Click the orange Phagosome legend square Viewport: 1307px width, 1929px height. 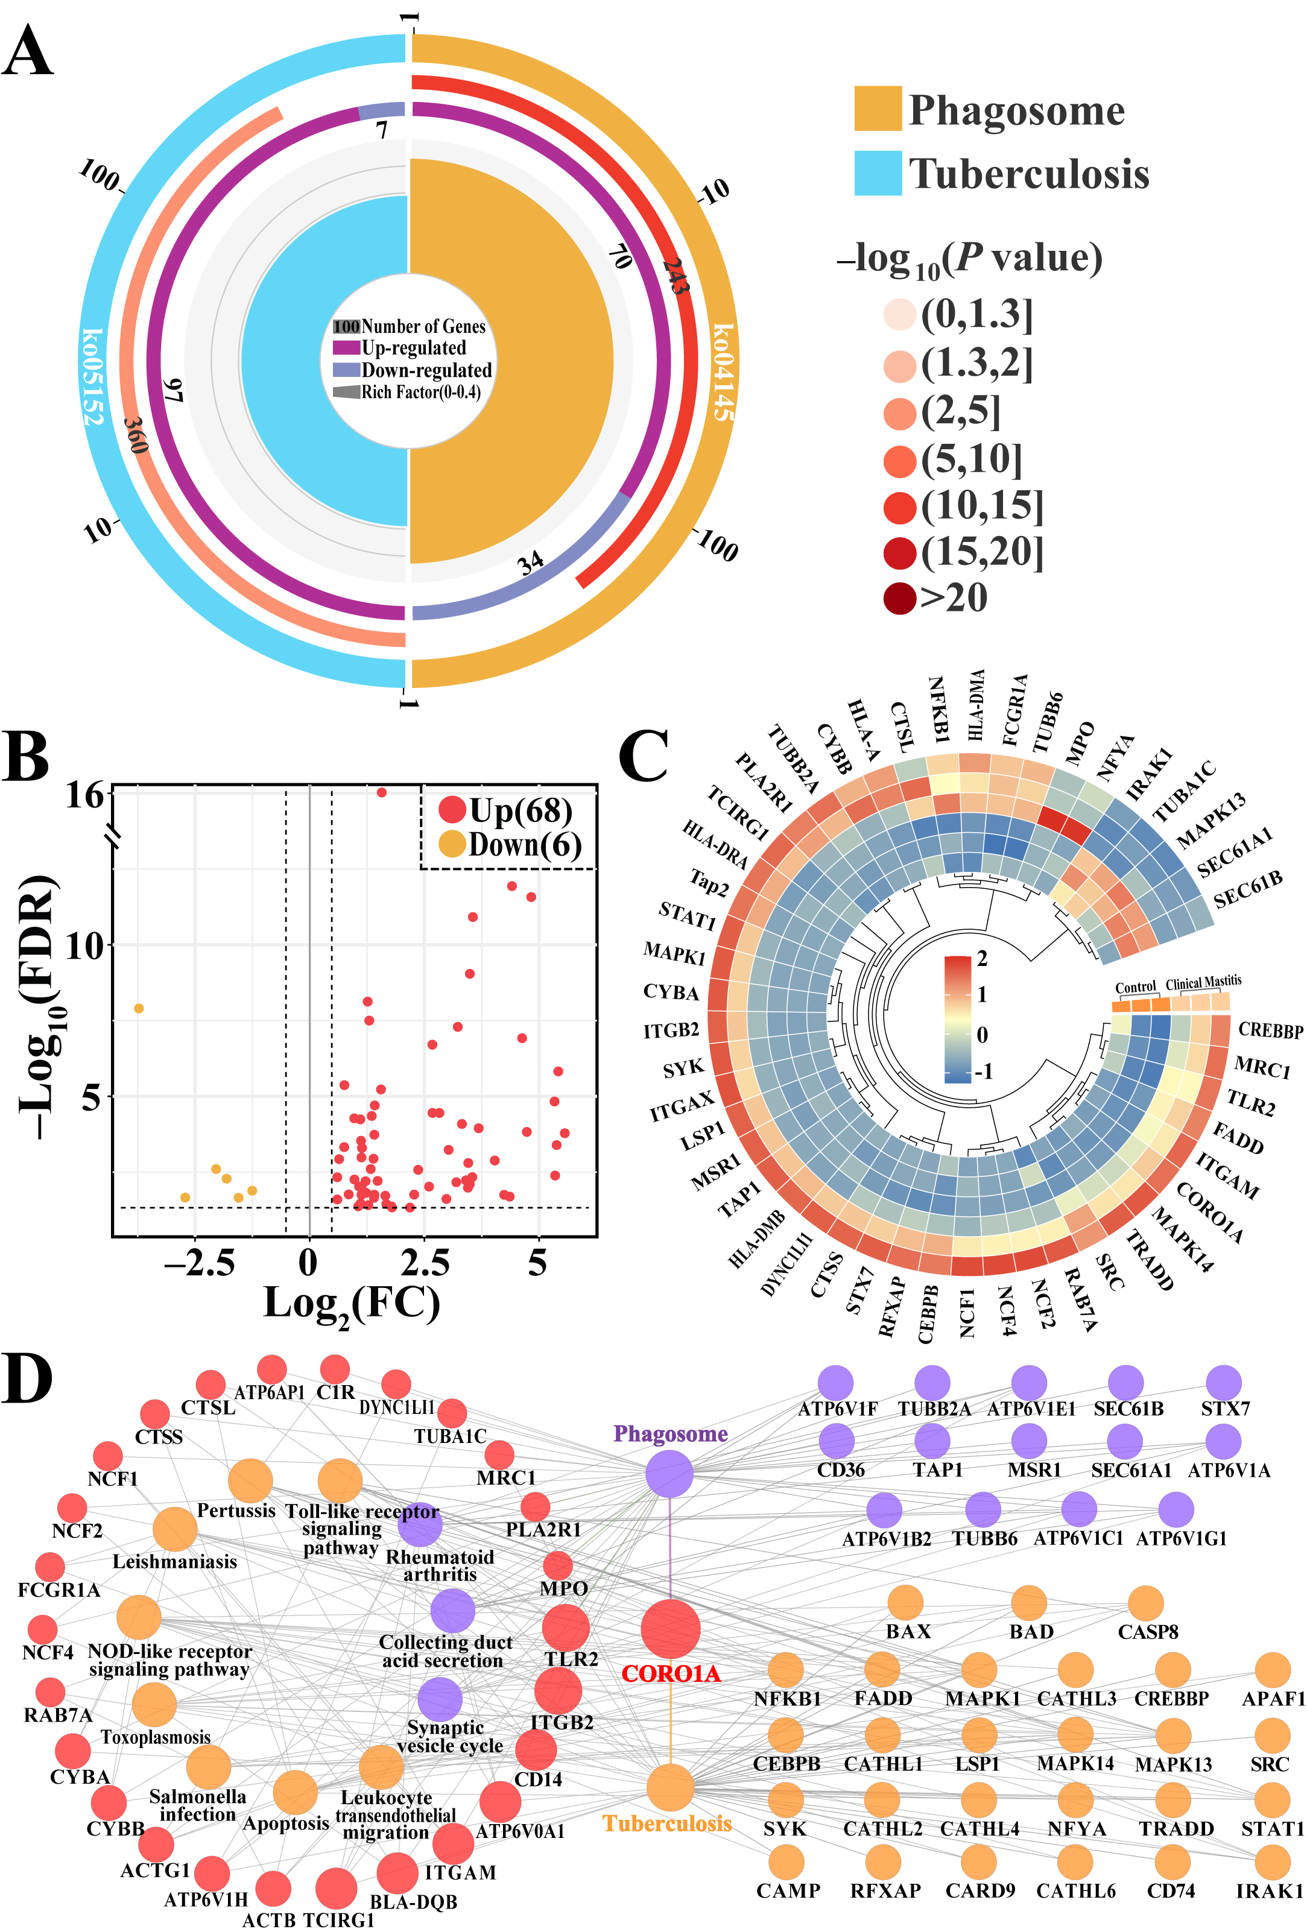[878, 108]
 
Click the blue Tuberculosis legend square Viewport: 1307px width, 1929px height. [878, 172]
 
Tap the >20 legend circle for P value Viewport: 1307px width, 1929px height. [899, 598]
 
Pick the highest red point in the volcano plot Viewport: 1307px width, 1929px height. [381, 793]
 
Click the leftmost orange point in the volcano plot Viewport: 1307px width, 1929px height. [139, 1008]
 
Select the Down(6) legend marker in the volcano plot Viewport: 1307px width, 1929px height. [451, 845]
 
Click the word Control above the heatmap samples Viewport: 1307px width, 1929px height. [1135, 987]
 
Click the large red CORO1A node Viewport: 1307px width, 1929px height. [670, 1629]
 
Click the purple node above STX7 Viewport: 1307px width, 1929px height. [1223, 1383]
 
